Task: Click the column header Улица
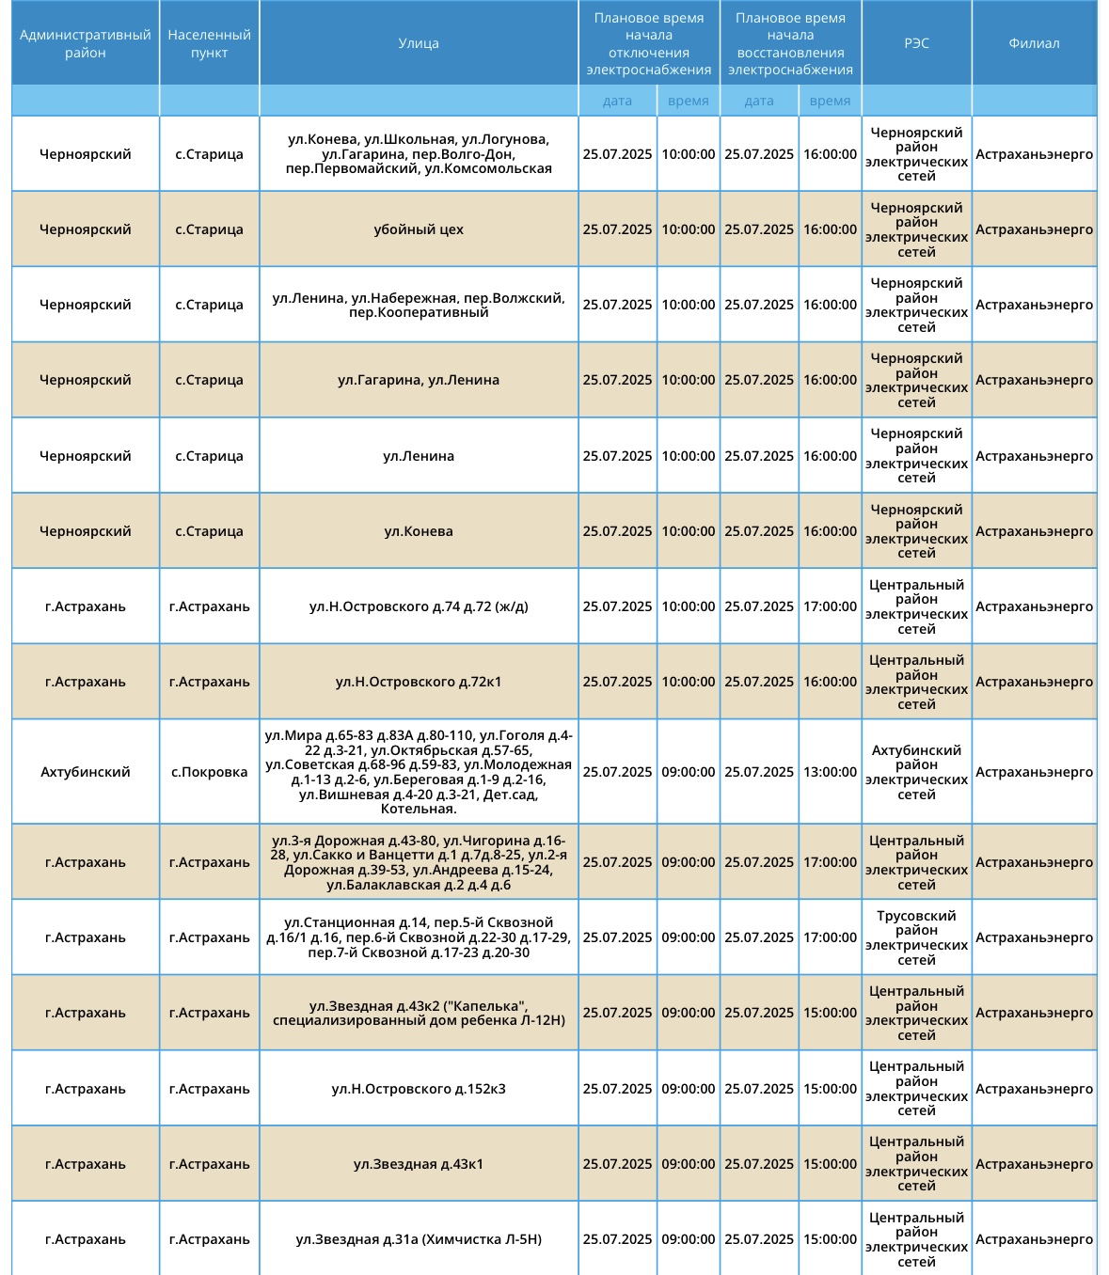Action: (x=419, y=43)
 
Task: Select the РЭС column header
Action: (x=916, y=43)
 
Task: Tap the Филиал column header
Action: (x=1034, y=43)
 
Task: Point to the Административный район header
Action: (x=86, y=43)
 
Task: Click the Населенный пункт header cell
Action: (x=209, y=43)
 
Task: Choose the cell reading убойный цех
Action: (x=419, y=229)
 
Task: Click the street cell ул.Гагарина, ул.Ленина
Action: (x=419, y=380)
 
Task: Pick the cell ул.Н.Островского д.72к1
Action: (x=419, y=682)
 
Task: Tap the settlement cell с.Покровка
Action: (x=209, y=772)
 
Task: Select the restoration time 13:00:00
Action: (x=830, y=772)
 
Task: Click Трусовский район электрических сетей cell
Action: (x=916, y=937)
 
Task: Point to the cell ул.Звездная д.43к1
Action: (x=419, y=1164)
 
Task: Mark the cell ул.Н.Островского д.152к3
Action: (x=419, y=1089)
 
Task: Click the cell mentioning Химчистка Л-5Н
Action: (x=419, y=1239)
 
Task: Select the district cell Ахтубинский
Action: (x=86, y=772)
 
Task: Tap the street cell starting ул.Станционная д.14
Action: (x=419, y=937)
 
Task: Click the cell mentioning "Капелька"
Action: (x=419, y=1013)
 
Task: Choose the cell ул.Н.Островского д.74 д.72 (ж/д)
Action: (x=419, y=606)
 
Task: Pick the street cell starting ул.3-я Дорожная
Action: (x=419, y=862)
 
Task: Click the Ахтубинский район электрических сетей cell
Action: (x=916, y=772)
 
